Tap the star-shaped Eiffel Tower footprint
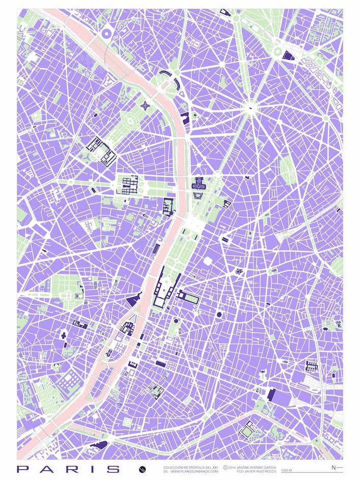click(x=146, y=106)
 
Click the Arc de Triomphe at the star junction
click(x=250, y=107)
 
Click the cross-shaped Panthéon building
click(x=64, y=335)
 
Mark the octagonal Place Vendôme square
click(x=207, y=261)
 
